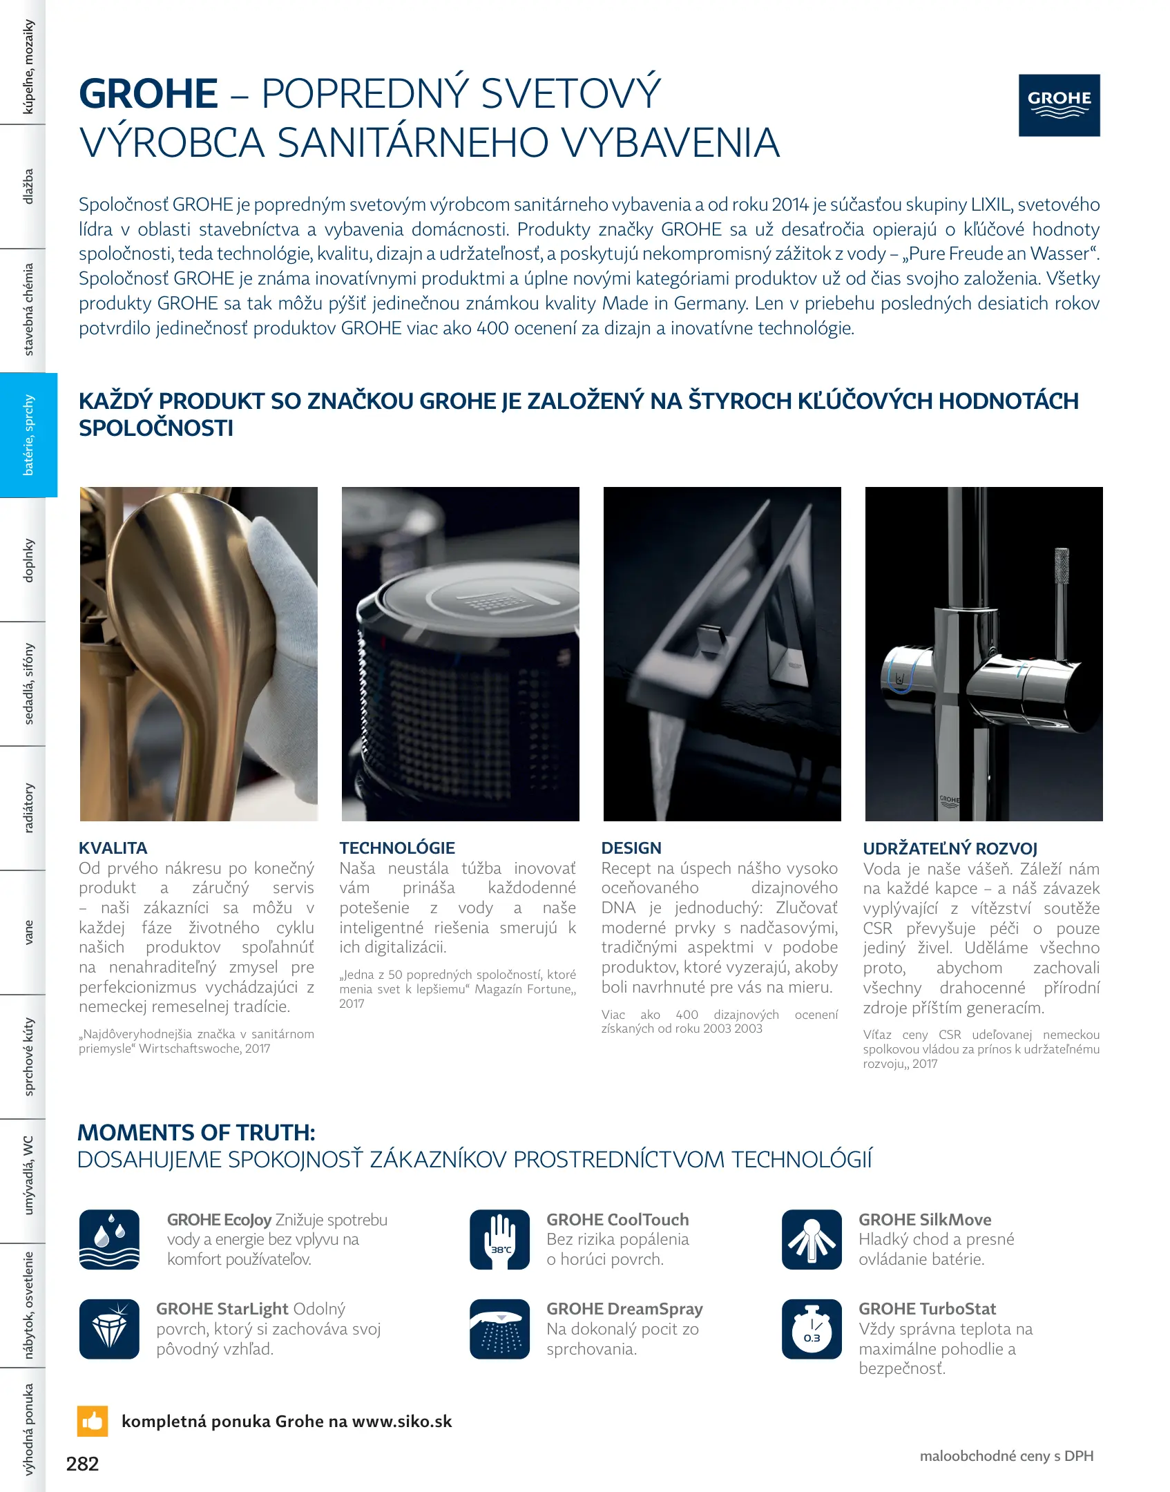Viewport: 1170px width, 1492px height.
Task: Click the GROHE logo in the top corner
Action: [x=1059, y=105]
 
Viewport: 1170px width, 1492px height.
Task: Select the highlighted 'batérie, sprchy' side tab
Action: [x=28, y=434]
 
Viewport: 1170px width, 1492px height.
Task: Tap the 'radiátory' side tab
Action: [x=28, y=807]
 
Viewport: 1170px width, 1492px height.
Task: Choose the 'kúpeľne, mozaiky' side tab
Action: [x=28, y=66]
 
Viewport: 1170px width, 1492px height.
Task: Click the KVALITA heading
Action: [x=113, y=848]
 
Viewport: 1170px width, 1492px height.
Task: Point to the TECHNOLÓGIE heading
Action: [x=397, y=848]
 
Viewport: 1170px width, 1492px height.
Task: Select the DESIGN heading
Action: [x=631, y=848]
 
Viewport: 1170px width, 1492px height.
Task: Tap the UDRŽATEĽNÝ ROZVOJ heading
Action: [x=950, y=848]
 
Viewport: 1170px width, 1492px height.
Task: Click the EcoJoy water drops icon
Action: [x=109, y=1239]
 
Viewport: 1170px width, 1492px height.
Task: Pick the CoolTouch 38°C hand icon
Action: [x=499, y=1239]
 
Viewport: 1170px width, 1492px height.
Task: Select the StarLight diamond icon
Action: [x=109, y=1328]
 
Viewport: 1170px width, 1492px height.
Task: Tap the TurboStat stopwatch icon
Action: [x=812, y=1328]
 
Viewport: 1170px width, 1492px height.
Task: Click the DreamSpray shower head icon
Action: [x=499, y=1328]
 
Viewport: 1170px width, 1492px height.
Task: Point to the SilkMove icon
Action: [x=812, y=1239]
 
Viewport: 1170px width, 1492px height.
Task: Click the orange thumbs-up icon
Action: [x=93, y=1421]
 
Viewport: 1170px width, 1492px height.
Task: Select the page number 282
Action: [x=82, y=1464]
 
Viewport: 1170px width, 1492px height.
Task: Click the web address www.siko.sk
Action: [x=402, y=1421]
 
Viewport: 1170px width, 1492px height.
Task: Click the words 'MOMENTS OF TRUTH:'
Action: [x=196, y=1132]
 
